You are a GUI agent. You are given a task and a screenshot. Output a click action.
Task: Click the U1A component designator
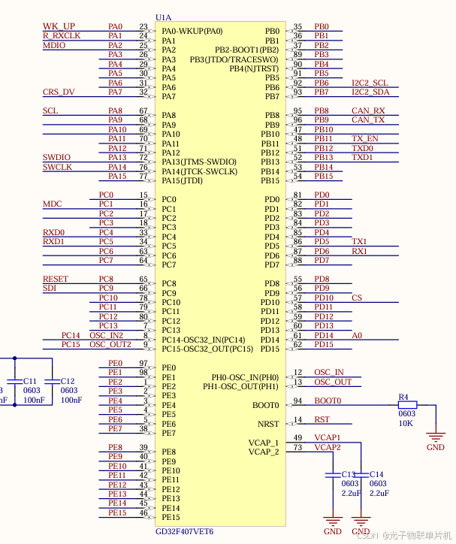coord(163,17)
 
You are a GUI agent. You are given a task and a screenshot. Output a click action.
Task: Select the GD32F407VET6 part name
coord(184,531)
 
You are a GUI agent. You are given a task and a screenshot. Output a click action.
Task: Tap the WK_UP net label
coord(59,26)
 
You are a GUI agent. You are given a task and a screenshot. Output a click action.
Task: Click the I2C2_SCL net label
coord(370,83)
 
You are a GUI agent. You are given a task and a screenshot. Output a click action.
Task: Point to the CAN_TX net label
coord(368,119)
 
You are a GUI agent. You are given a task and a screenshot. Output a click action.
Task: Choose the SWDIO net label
coord(57,157)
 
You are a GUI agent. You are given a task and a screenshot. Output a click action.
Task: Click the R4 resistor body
coord(406,405)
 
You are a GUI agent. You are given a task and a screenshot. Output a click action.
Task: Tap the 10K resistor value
coord(406,423)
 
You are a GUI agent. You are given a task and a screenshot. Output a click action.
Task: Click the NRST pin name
coord(267,424)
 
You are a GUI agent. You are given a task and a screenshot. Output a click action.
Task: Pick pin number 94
coord(297,400)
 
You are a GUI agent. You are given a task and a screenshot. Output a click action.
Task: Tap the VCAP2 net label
coord(327,447)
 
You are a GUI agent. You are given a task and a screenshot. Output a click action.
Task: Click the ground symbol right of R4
coord(435,437)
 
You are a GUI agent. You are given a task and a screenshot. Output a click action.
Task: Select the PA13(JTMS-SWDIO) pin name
coord(198,162)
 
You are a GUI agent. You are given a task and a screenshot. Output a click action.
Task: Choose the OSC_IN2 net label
coord(106,335)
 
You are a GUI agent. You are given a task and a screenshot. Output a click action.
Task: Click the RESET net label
coord(56,279)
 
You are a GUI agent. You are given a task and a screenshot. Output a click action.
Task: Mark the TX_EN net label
coord(364,138)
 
